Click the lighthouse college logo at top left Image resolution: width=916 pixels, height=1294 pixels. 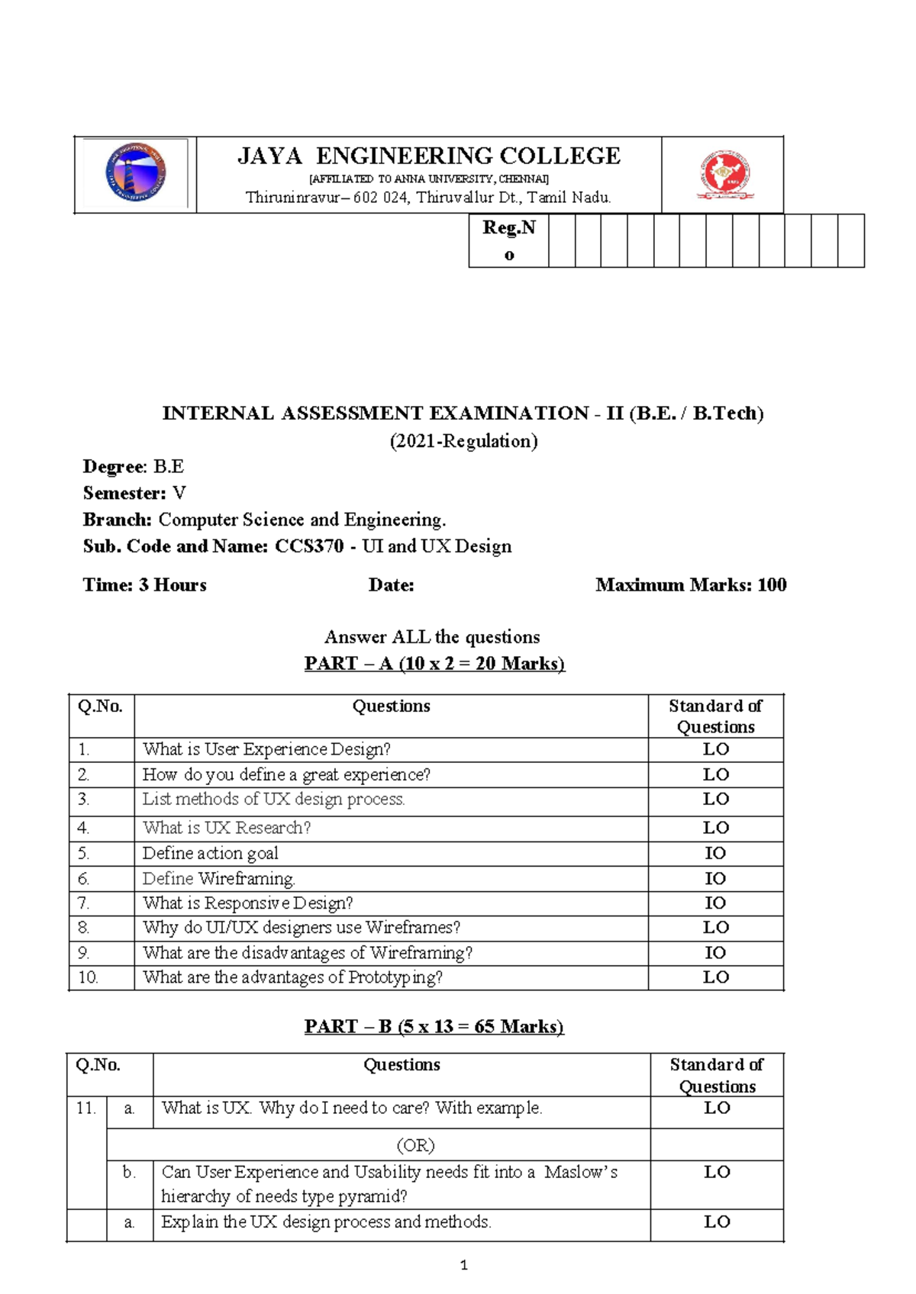pos(135,173)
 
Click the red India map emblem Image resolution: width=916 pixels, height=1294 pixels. pos(724,175)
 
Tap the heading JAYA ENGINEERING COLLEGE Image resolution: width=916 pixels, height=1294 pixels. pos(429,156)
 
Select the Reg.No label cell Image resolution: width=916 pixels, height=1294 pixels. pos(508,240)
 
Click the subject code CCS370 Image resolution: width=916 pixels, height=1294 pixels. pos(309,546)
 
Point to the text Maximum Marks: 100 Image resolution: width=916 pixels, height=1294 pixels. pos(691,585)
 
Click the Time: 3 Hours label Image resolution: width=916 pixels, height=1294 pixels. pos(145,585)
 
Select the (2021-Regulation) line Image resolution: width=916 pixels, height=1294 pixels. pos(463,441)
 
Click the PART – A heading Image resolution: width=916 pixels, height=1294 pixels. pos(434,663)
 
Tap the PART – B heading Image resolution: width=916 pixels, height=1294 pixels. pos(434,1026)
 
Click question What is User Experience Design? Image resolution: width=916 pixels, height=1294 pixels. pos(266,749)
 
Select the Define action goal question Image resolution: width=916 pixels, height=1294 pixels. pos(210,853)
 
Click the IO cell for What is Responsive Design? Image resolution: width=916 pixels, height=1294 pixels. pos(715,903)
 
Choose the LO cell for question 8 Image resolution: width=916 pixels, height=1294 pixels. pos(715,928)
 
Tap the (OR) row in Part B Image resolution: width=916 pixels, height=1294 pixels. pos(415,1145)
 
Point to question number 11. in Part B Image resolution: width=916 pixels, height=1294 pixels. pos(86,1108)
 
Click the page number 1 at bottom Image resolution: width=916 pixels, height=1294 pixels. pos(463,1265)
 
